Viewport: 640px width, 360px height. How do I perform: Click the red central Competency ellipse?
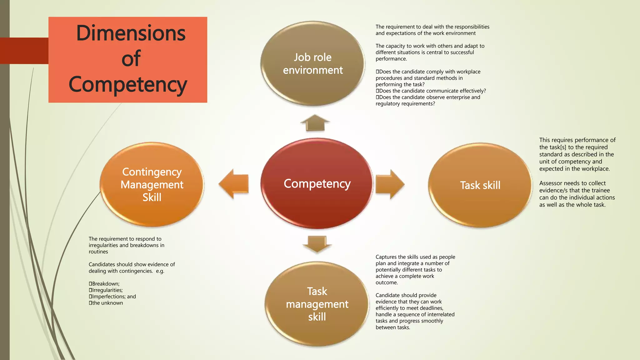[317, 184]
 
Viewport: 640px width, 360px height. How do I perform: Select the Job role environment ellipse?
[312, 63]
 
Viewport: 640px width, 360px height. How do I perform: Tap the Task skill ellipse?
[480, 185]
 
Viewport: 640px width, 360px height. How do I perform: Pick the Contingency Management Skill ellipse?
[152, 184]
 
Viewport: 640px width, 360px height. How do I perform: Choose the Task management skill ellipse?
[317, 304]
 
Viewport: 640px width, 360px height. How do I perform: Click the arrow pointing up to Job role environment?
[315, 123]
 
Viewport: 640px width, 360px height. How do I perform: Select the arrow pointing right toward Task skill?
[390, 184]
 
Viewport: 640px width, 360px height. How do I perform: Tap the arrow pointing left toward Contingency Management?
[234, 184]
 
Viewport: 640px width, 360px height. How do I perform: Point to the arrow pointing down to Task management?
[317, 244]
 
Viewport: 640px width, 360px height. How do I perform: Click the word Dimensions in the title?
[131, 33]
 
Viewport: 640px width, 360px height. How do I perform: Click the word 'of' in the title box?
[131, 58]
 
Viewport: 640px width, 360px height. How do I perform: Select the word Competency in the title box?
[128, 84]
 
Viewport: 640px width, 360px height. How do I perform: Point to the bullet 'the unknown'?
[107, 303]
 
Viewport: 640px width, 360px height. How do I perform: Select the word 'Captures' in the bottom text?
[386, 257]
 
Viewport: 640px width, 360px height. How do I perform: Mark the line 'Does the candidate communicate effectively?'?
[432, 91]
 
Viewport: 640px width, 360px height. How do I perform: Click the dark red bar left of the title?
[24, 51]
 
